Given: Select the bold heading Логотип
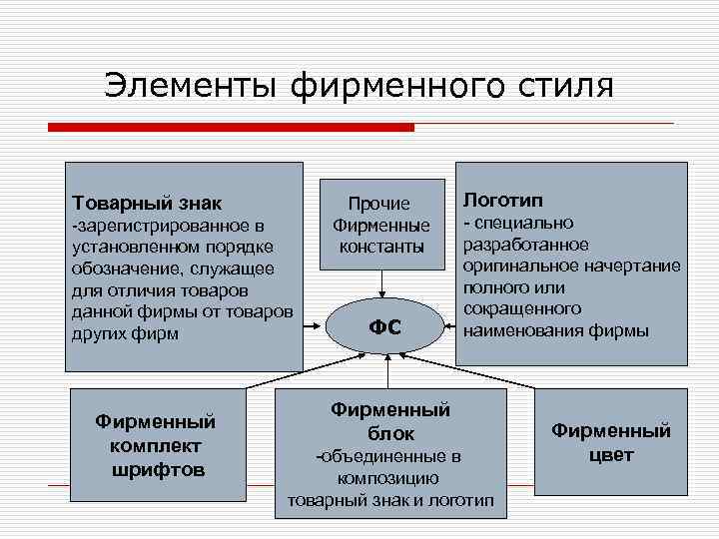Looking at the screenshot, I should click(x=503, y=200).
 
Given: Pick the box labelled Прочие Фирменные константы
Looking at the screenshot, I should click(x=380, y=224).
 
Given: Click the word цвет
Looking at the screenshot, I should click(x=611, y=456).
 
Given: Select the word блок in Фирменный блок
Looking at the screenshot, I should click(x=390, y=433).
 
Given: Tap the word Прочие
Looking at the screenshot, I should click(x=380, y=204).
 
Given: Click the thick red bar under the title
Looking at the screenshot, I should click(x=231, y=128).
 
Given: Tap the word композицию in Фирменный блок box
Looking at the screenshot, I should click(x=388, y=478).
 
